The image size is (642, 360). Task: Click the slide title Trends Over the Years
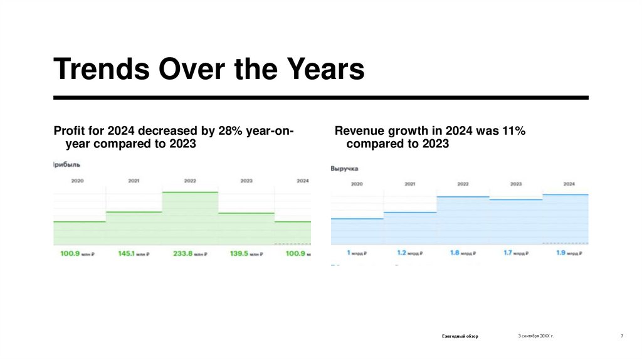[x=209, y=70]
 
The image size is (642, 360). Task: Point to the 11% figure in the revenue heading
[x=512, y=131]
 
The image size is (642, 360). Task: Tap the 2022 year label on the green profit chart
[x=190, y=181]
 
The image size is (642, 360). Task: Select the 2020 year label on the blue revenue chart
[x=357, y=184]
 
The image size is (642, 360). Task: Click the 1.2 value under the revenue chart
[x=403, y=253]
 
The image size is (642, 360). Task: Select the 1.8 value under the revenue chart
[x=455, y=253]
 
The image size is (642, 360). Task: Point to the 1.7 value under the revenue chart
[x=508, y=253]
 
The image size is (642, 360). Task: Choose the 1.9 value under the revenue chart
[x=562, y=253]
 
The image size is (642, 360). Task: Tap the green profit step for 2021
[x=134, y=228]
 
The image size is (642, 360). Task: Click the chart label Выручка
[x=344, y=169]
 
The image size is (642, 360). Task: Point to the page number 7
[x=622, y=336]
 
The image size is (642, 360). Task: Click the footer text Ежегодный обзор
[x=460, y=337]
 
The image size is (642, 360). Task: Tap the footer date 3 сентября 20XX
[x=535, y=336]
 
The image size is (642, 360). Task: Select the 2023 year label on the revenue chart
[x=516, y=184]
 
